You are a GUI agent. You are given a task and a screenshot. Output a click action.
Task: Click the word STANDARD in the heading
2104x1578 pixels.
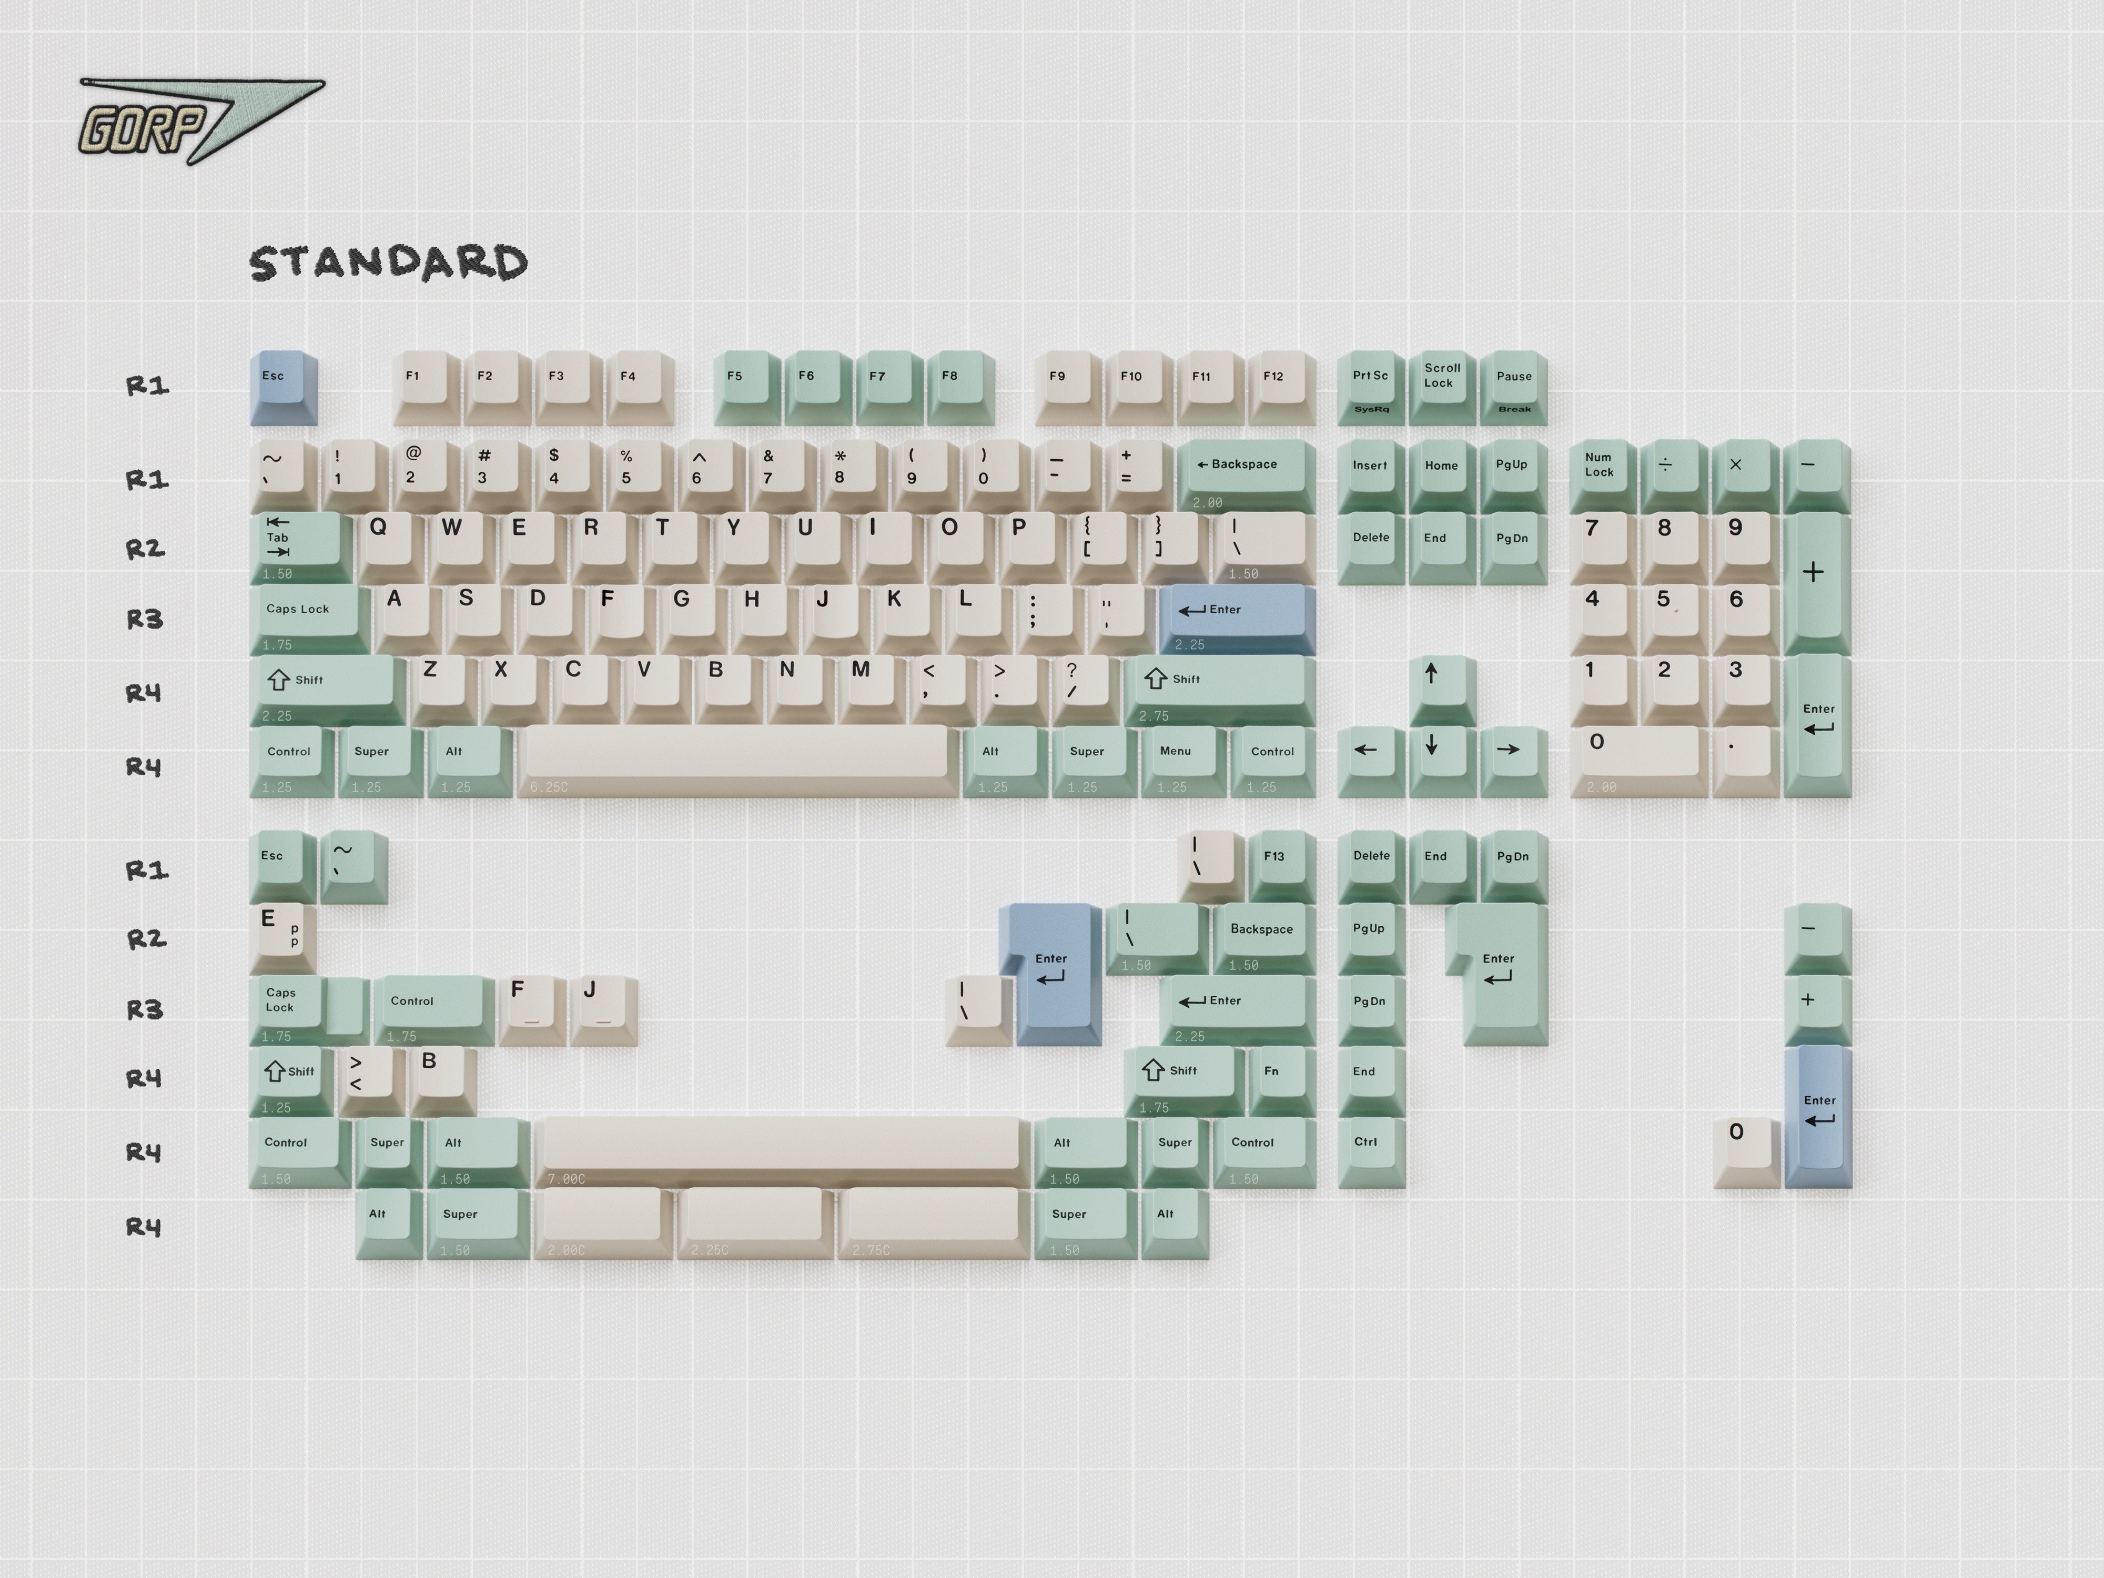click(x=388, y=264)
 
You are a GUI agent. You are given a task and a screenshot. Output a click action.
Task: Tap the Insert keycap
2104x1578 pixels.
click(x=1371, y=471)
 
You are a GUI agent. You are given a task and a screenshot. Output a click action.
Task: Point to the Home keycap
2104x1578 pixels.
click(x=1442, y=471)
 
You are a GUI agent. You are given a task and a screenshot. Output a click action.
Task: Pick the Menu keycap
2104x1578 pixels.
click(x=1179, y=757)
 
